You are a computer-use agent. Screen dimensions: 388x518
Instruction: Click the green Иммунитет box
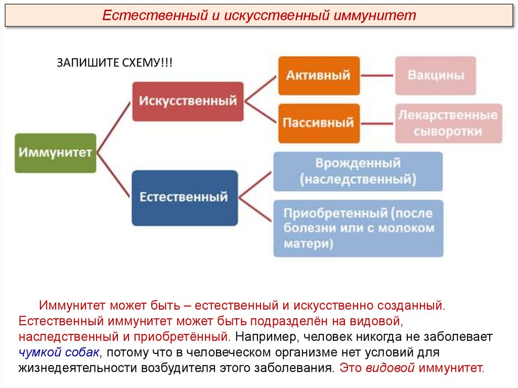point(55,153)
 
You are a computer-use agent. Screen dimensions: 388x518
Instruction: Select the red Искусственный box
point(188,101)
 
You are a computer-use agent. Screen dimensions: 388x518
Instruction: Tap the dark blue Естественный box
point(184,197)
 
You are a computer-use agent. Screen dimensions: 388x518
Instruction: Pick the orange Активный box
point(319,75)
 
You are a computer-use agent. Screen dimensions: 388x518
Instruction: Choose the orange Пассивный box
point(319,123)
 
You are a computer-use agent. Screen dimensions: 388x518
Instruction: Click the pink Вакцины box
point(435,75)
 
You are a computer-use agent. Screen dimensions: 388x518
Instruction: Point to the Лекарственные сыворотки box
point(448,123)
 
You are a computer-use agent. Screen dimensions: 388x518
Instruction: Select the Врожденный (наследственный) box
point(358,171)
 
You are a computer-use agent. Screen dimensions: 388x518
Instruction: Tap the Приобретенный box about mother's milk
point(358,228)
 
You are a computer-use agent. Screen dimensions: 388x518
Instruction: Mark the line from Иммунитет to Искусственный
point(114,126)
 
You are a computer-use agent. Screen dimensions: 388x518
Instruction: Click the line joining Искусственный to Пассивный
point(261,112)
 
